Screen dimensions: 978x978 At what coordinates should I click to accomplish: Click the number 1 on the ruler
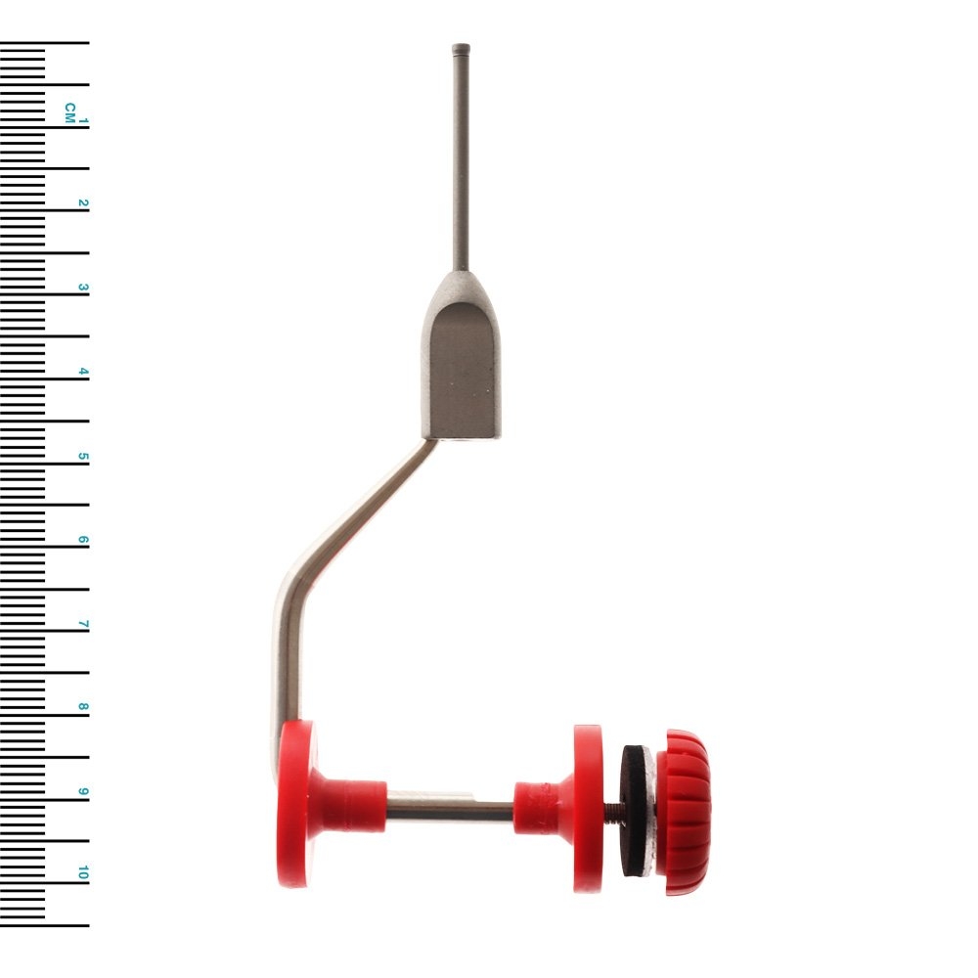click(83, 121)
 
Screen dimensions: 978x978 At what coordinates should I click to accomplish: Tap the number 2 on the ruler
click(83, 204)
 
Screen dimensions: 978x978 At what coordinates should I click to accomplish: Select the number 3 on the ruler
click(83, 289)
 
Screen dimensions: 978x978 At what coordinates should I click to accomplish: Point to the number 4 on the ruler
click(83, 372)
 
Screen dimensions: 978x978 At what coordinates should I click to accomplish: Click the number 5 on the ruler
click(83, 457)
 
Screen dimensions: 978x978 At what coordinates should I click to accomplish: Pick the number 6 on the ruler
click(83, 541)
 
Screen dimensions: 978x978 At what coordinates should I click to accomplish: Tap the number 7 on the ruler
click(83, 624)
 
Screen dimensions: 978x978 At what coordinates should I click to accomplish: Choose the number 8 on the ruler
click(83, 708)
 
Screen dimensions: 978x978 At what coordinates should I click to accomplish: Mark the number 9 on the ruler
click(83, 792)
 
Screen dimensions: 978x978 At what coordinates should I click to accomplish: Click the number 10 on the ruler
click(83, 873)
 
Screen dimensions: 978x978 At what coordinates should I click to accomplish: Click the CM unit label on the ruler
click(69, 111)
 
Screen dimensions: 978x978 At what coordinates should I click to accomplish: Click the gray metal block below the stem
click(461, 367)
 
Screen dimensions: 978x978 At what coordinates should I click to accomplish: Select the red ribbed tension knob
click(685, 812)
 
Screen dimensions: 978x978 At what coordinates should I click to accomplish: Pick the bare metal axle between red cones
click(450, 810)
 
